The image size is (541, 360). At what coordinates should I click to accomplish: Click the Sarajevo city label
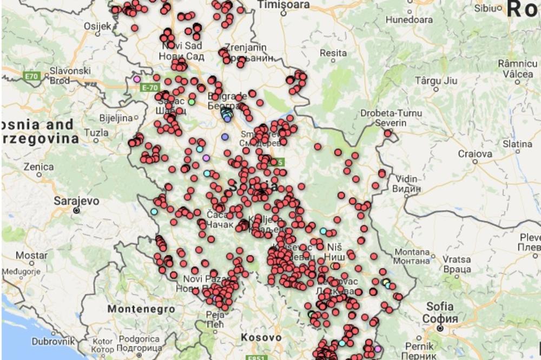(76, 201)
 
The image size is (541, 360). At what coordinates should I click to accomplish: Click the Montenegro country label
(141, 309)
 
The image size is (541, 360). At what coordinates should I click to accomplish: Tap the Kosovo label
(262, 337)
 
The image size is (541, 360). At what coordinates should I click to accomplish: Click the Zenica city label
(38, 167)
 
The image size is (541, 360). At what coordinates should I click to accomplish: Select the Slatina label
(517, 144)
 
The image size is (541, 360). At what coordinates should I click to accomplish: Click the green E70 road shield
(32, 77)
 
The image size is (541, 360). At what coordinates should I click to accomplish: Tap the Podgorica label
(139, 338)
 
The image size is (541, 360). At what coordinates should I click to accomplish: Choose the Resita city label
(333, 53)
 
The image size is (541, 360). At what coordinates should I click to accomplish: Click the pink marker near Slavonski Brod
(137, 79)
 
